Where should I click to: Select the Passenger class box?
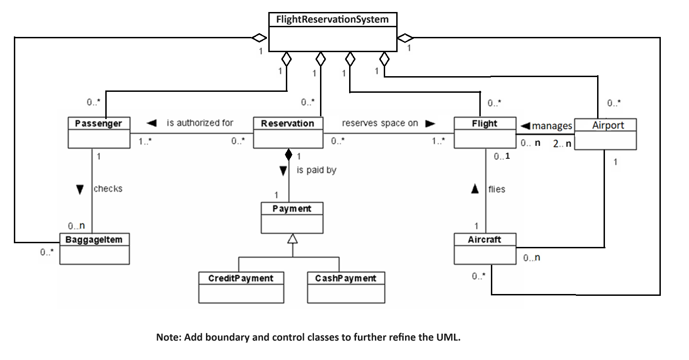pos(99,133)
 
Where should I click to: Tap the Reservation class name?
pos(287,123)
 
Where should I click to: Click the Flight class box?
pos(484,133)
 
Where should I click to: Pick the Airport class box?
pos(605,134)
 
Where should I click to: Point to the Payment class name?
pos(292,209)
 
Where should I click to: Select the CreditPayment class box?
pos(241,287)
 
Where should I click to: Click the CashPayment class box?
pos(346,287)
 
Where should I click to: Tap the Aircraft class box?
pos(485,249)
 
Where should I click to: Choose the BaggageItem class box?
pos(94,249)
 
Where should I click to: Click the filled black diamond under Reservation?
pos(289,155)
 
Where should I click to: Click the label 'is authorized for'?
pos(200,123)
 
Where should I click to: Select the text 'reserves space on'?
pos(380,123)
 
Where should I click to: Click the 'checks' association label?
pos(108,189)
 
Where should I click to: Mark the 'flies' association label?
pos(496,189)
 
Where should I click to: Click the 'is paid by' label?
pos(316,170)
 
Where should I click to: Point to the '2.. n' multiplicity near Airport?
pos(562,144)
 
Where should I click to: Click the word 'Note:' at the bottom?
pos(169,337)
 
